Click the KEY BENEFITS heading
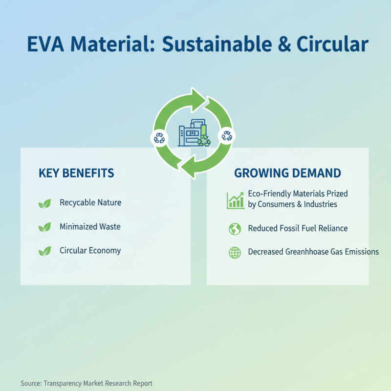(x=76, y=173)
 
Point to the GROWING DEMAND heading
(x=287, y=173)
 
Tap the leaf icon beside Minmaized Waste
(x=45, y=227)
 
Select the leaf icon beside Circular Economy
(x=45, y=251)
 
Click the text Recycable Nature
(x=90, y=202)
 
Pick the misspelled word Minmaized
(x=77, y=227)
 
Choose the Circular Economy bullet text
(x=90, y=251)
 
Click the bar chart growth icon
(x=235, y=200)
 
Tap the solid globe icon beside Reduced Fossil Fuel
(x=235, y=228)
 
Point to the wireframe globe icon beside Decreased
(x=235, y=253)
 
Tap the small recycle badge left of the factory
(x=159, y=138)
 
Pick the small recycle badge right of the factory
(x=227, y=135)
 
